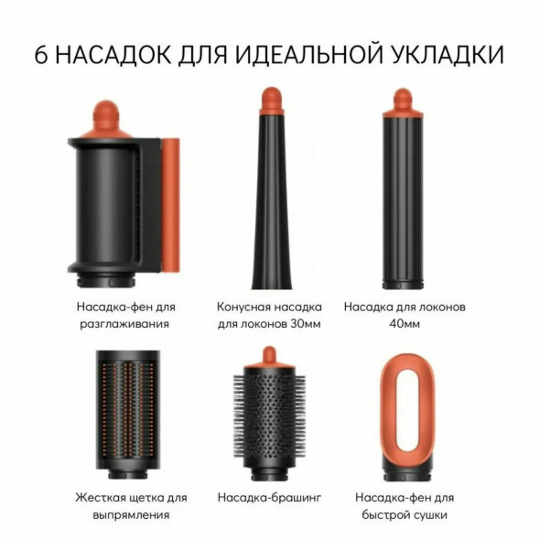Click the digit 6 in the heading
click(x=42, y=54)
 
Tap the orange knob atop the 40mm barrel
click(x=403, y=97)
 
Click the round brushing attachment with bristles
click(x=269, y=416)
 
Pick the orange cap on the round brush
click(x=269, y=355)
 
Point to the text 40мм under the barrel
click(x=404, y=323)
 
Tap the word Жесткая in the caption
click(x=100, y=498)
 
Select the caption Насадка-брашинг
click(x=268, y=498)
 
